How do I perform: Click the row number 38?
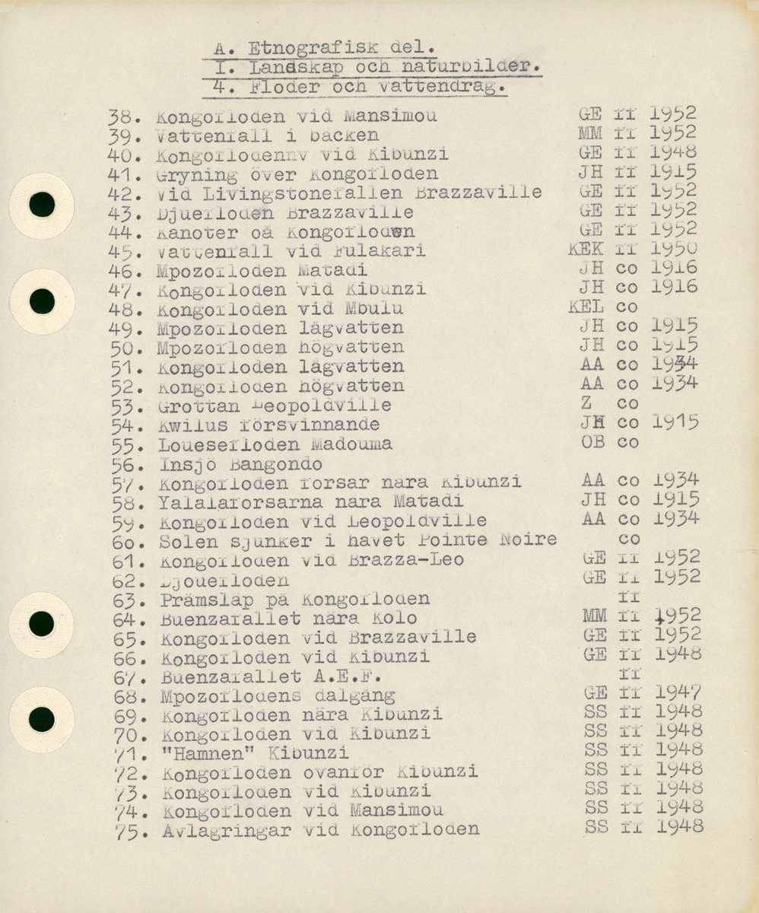pos(122,117)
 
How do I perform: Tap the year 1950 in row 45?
pos(674,249)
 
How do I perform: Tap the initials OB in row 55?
pos(592,441)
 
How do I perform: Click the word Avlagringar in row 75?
pos(226,831)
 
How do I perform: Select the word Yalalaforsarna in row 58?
pos(240,502)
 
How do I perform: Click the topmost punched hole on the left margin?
pos(42,205)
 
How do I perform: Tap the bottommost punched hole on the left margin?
pos(41,718)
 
